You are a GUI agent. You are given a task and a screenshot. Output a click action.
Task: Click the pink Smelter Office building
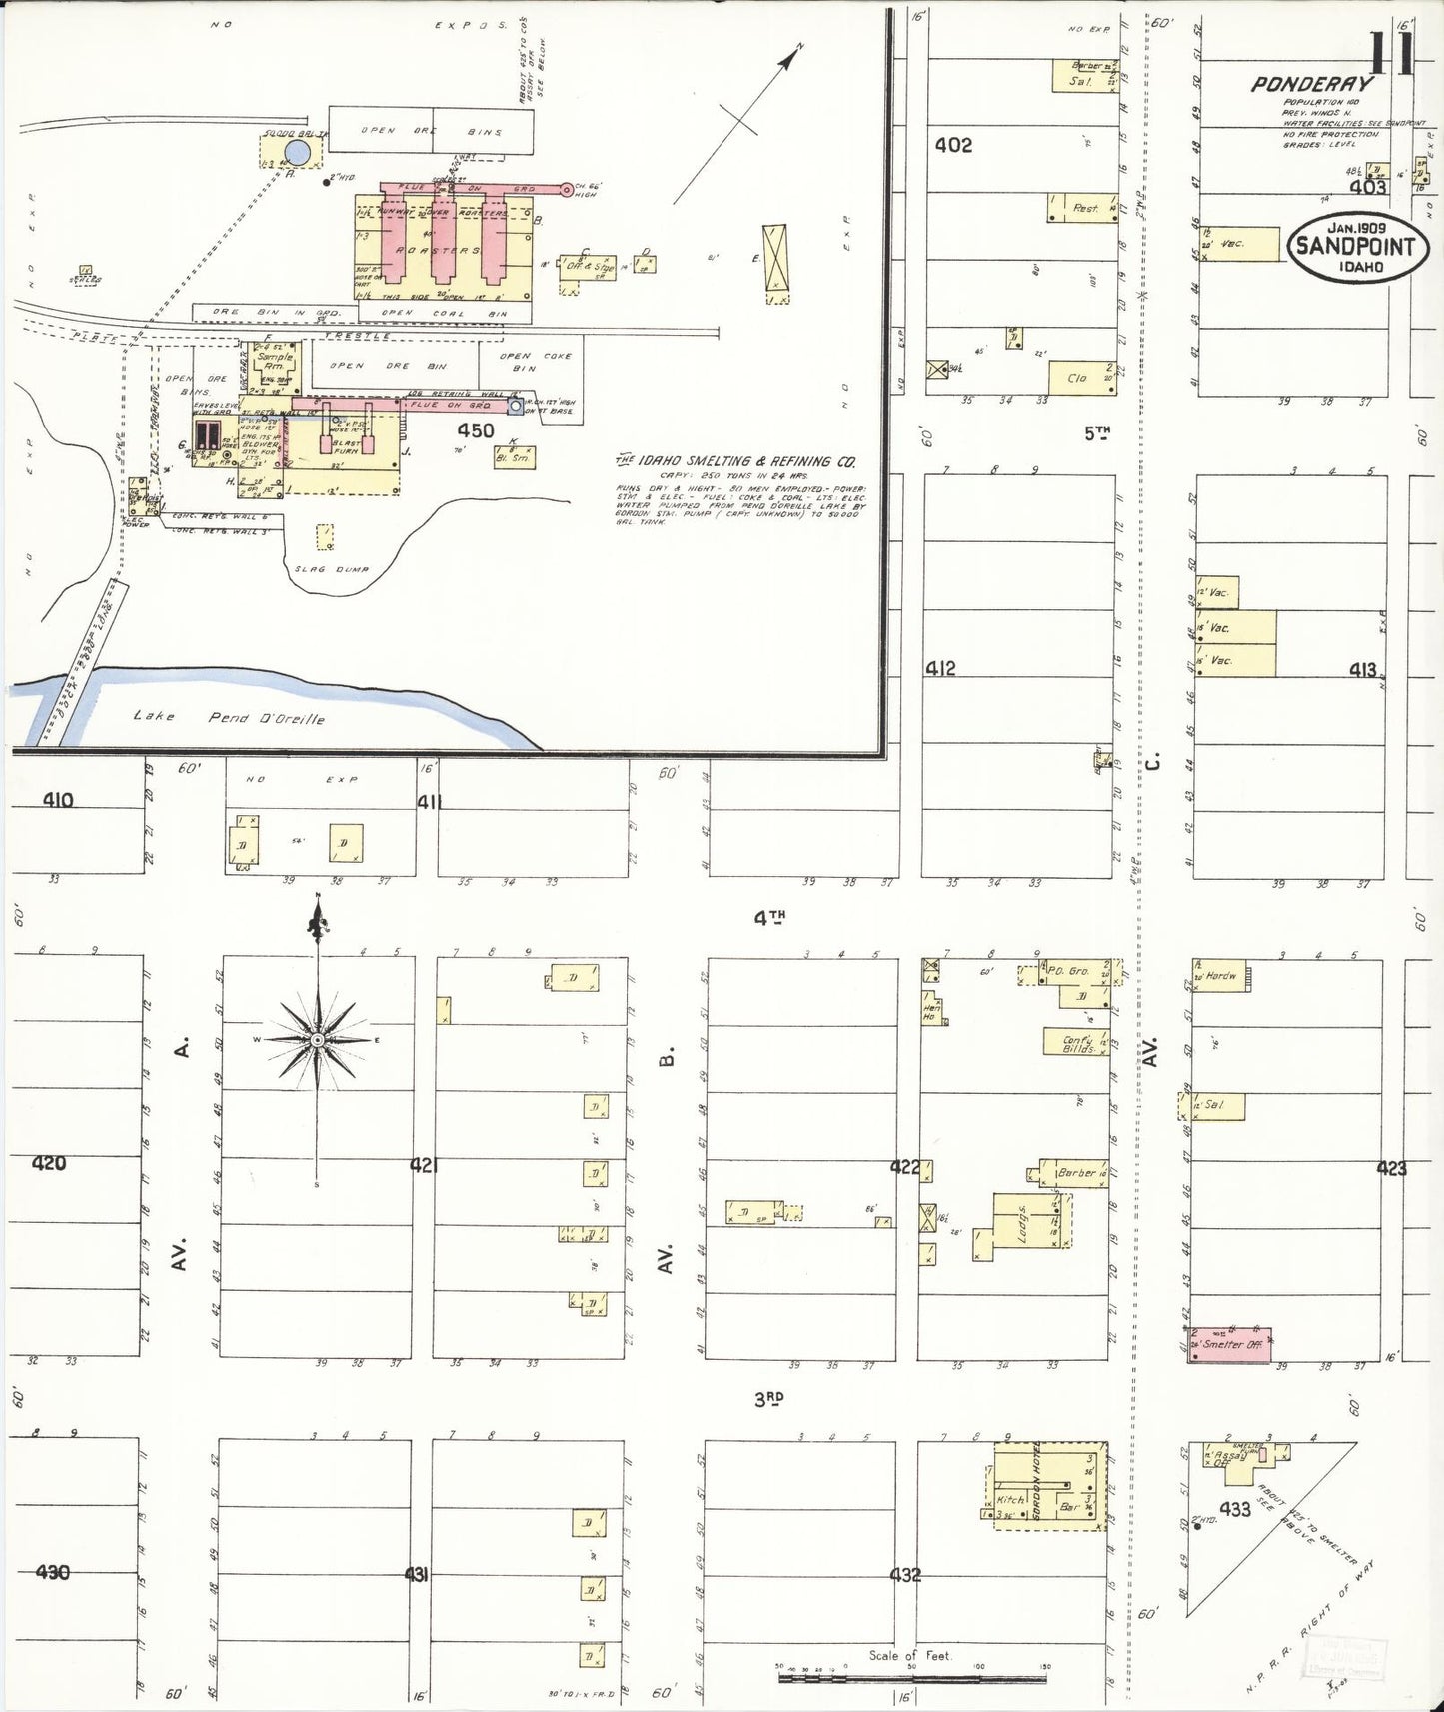(1230, 1342)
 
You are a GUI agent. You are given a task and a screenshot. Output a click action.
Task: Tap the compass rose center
(317, 1040)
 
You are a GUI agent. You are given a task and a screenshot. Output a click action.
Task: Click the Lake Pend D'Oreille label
(229, 717)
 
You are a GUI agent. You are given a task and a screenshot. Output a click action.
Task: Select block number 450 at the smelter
(475, 430)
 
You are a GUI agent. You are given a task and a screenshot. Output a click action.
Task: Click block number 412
(940, 668)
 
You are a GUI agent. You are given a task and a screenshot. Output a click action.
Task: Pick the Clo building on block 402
(1081, 378)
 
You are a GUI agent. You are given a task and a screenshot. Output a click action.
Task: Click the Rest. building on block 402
(1083, 207)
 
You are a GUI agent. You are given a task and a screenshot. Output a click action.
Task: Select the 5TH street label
(1097, 432)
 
